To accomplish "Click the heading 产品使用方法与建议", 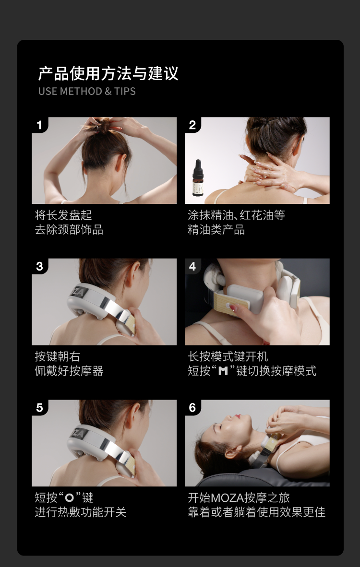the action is coord(108,73).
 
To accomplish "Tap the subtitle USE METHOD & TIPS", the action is coord(87,91).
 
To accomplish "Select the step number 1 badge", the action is coord(39,125).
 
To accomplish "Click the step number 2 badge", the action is coord(192,125).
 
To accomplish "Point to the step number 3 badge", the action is coord(39,267).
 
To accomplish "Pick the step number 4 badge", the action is coord(192,267).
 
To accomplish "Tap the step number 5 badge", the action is coord(39,408).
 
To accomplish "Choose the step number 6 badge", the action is coord(192,408).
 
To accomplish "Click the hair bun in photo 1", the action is coord(104,127).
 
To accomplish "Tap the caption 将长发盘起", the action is coord(63,215).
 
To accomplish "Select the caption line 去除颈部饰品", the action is coord(69,230).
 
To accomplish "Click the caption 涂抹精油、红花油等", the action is coord(236,215).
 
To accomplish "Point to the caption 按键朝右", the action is coord(58,356).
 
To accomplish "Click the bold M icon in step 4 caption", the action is coord(223,371).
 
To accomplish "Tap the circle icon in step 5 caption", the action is coord(70,498).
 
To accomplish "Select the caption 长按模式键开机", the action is coord(228,356).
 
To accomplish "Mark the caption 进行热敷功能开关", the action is coord(80,512).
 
